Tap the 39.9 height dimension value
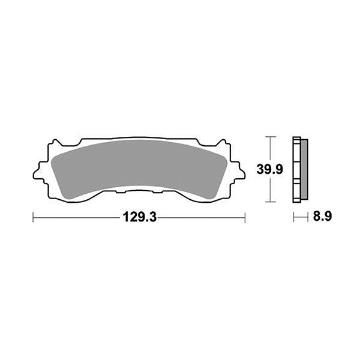(270, 170)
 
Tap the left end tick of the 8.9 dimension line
(293, 218)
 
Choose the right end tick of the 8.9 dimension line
(308, 218)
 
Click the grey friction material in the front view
(138, 169)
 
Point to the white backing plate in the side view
(296, 170)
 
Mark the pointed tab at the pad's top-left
(56, 143)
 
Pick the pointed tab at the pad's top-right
(221, 143)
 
